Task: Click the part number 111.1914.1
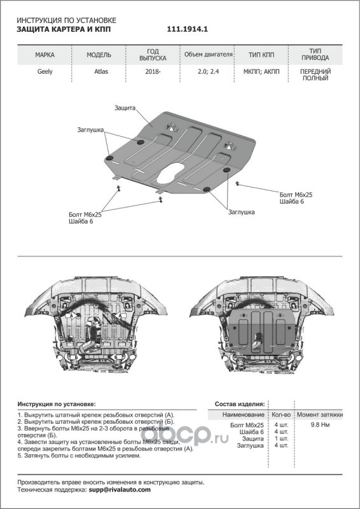tap(187, 29)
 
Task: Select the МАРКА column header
tap(45, 55)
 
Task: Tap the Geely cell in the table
tap(45, 71)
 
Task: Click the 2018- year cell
tap(153, 71)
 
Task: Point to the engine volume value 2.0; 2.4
tap(208, 71)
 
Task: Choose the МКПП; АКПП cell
tap(261, 71)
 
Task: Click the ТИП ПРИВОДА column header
tap(315, 55)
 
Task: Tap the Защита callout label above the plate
tap(125, 108)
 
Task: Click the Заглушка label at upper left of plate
tap(90, 130)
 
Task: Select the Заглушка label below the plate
tap(241, 212)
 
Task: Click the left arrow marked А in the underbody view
tap(73, 315)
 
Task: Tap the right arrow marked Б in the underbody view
tap(115, 357)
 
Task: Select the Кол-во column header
tap(281, 415)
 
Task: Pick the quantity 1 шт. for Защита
tap(281, 438)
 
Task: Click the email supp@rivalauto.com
tap(120, 490)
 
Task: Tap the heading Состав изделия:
tap(240, 404)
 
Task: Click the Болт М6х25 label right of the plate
tap(296, 195)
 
